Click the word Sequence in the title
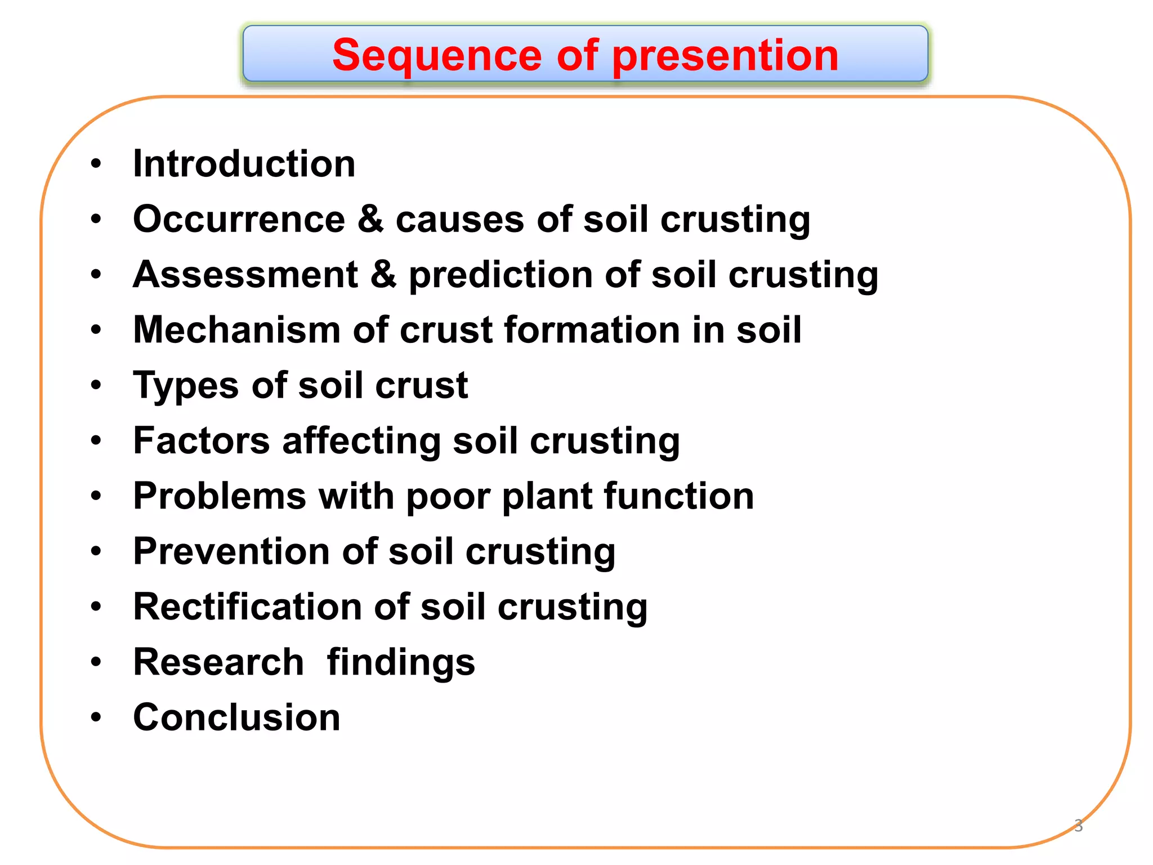(x=436, y=56)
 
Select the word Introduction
(x=244, y=164)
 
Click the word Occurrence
(x=239, y=219)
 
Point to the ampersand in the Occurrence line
(x=370, y=219)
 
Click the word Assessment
(x=245, y=275)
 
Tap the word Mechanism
(x=236, y=330)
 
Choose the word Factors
(x=202, y=440)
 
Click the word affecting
(x=361, y=440)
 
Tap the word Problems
(x=220, y=496)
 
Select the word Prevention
(x=231, y=551)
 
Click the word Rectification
(x=247, y=607)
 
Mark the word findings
(x=401, y=662)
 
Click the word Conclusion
(x=236, y=717)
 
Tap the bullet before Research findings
(x=96, y=662)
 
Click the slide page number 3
(x=1078, y=826)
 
